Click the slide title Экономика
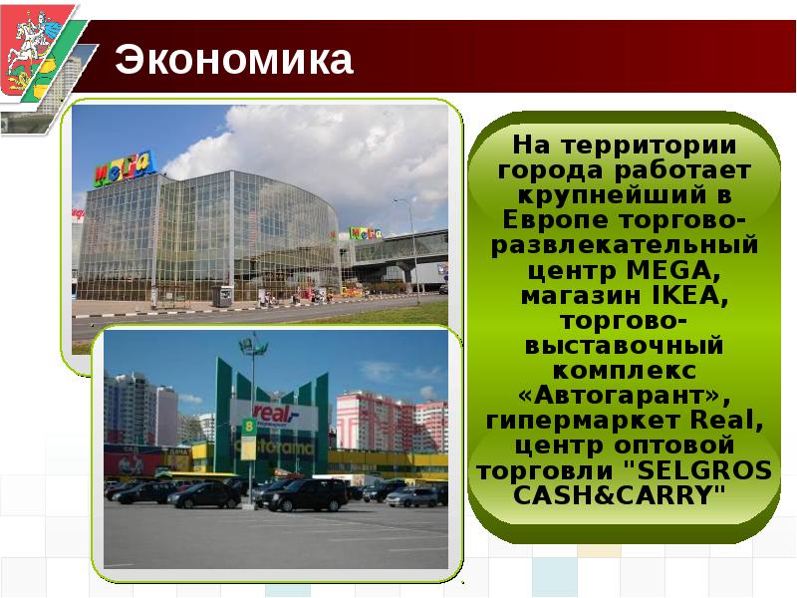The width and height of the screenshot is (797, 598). pos(234,60)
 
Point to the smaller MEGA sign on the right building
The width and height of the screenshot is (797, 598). pos(363,234)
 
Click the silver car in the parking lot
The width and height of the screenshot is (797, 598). pos(411,495)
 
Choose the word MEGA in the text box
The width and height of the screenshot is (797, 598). pos(667,270)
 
